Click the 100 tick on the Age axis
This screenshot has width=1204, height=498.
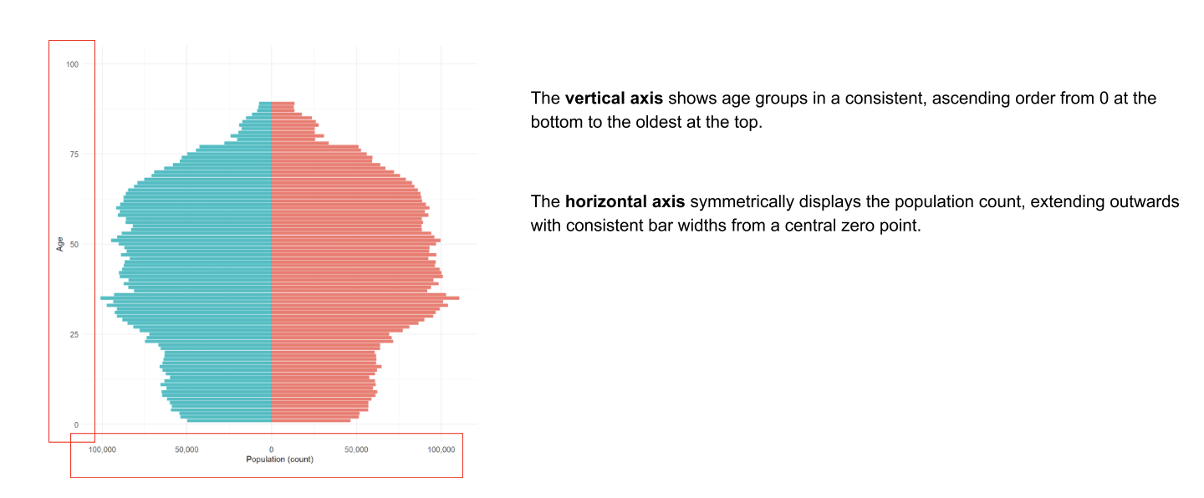pyautogui.click(x=72, y=64)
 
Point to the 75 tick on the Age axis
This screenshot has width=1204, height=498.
pyautogui.click(x=74, y=155)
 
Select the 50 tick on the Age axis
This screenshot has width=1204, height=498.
pyautogui.click(x=74, y=245)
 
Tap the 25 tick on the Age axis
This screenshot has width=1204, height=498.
pyautogui.click(x=74, y=335)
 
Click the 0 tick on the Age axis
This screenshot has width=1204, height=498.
pyautogui.click(x=76, y=425)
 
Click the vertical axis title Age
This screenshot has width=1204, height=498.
pyautogui.click(x=59, y=244)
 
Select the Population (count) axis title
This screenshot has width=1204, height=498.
pyautogui.click(x=279, y=460)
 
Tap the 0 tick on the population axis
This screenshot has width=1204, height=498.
pyautogui.click(x=272, y=450)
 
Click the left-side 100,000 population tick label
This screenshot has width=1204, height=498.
pyautogui.click(x=102, y=450)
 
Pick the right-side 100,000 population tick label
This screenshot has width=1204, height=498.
pyautogui.click(x=441, y=450)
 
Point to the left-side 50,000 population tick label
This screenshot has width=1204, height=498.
pyautogui.click(x=186, y=450)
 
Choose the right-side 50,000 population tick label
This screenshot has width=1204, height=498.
pyautogui.click(x=356, y=450)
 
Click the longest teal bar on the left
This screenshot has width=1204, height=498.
pyautogui.click(x=186, y=297)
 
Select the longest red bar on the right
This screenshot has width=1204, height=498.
pyautogui.click(x=365, y=297)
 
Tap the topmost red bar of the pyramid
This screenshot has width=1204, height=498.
pyautogui.click(x=283, y=104)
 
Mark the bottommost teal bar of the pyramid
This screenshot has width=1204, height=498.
pyautogui.click(x=229, y=420)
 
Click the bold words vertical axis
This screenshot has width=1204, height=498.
pyautogui.click(x=614, y=99)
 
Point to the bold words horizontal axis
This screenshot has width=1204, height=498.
pyautogui.click(x=625, y=201)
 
